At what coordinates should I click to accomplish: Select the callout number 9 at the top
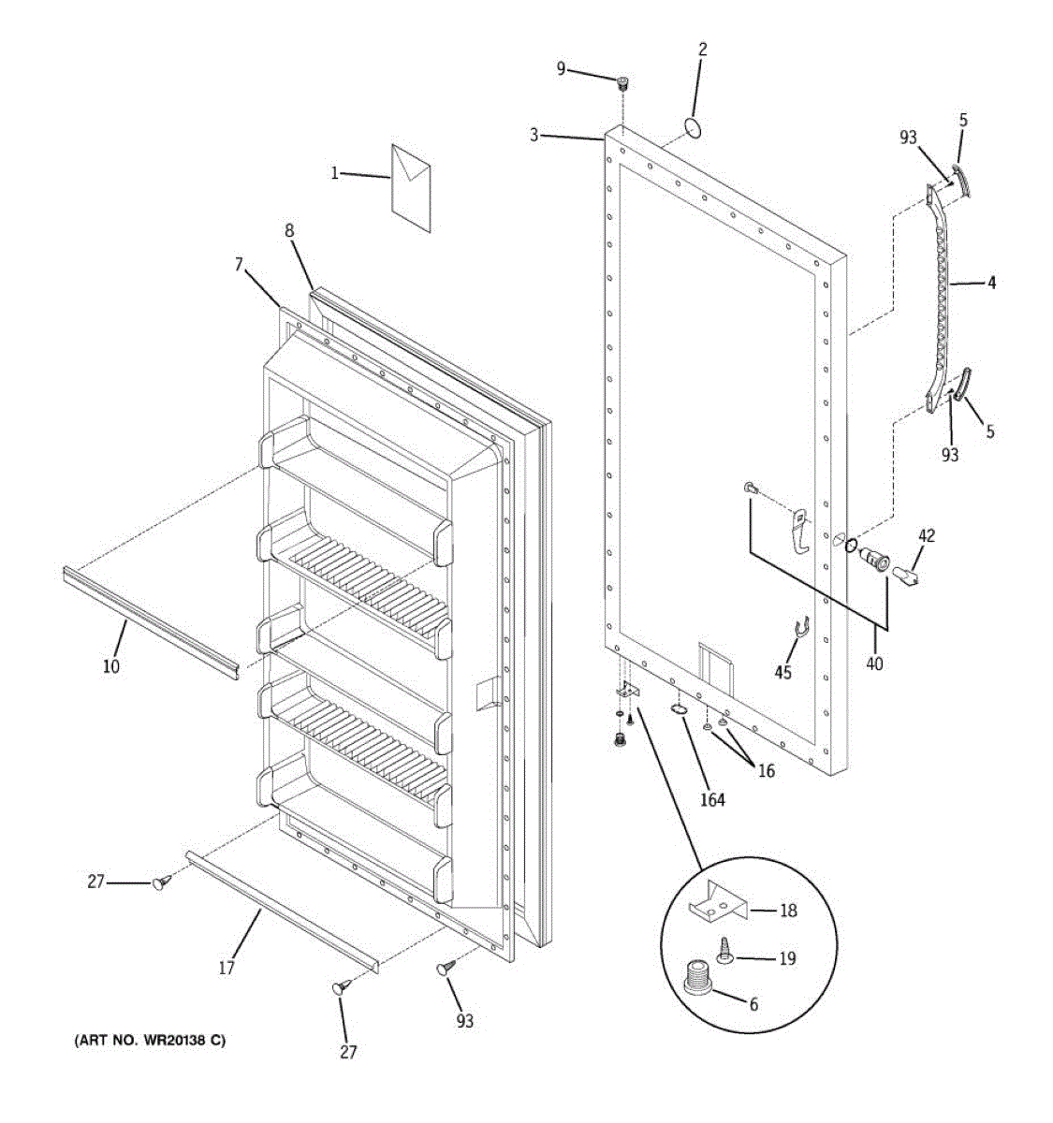coord(562,67)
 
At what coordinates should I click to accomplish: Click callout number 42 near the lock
coord(926,536)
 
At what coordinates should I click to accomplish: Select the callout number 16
coord(766,772)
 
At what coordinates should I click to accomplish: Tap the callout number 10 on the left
coord(111,666)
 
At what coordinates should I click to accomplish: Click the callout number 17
coord(227,969)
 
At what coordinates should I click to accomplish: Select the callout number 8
coord(289,228)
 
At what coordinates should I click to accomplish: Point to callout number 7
coord(239,266)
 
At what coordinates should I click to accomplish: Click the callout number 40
coord(873,664)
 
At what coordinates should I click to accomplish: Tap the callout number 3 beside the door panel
coord(534,135)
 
